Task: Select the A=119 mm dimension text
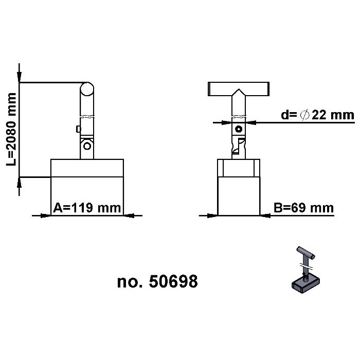click(87, 208)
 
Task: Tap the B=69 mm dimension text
click(303, 208)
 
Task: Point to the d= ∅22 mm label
click(317, 115)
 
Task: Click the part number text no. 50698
click(157, 281)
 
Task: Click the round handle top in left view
click(87, 89)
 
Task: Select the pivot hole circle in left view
click(87, 146)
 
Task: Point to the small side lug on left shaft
click(77, 129)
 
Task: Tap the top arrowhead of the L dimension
click(20, 77)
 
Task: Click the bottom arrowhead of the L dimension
click(20, 183)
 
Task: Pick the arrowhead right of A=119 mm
click(130, 215)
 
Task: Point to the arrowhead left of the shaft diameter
click(225, 122)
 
